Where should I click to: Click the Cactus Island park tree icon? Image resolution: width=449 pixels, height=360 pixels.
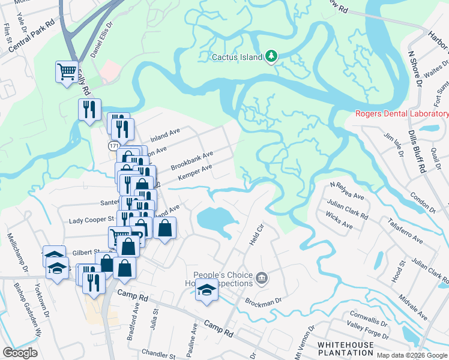point(271,56)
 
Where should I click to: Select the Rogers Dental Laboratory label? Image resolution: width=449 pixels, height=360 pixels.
point(402,112)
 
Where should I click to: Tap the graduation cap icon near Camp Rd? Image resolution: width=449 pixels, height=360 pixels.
point(206,290)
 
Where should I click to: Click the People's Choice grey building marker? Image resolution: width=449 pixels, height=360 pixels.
point(262,277)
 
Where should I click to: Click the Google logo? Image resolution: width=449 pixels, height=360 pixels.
point(20,353)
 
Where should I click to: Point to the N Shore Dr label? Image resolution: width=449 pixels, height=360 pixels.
point(415,68)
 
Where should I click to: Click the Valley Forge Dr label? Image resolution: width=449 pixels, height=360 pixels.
point(365,330)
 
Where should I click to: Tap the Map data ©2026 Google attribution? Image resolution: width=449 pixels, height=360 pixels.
point(412,355)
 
